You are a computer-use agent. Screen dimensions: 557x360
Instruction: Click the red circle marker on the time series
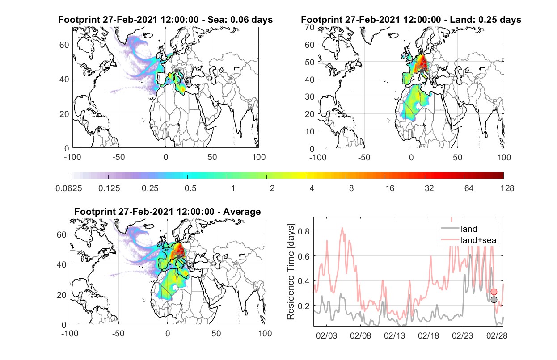click(494, 292)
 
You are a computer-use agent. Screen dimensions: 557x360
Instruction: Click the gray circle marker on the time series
click(494, 300)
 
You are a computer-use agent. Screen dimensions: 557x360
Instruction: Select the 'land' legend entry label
click(469, 229)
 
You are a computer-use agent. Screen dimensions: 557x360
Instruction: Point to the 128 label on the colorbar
click(507, 188)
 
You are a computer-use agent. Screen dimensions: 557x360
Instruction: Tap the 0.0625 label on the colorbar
click(69, 188)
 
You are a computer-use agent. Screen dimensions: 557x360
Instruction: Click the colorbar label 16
click(390, 188)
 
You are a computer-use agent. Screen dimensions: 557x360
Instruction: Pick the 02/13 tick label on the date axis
click(394, 335)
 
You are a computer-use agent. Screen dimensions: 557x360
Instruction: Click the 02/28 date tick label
click(497, 335)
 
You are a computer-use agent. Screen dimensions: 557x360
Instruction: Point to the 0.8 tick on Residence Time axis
click(304, 231)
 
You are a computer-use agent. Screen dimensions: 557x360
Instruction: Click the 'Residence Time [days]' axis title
click(291, 272)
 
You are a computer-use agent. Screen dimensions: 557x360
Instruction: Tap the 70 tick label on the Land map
click(310, 27)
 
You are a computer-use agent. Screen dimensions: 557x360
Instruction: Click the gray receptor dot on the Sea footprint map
click(176, 71)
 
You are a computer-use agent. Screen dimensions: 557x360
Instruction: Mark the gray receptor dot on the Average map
click(179, 257)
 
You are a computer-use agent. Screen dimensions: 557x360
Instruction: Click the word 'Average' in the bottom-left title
click(242, 212)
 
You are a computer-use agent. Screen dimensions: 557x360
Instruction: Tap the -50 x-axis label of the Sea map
click(118, 157)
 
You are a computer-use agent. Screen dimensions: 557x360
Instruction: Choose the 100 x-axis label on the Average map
click(265, 333)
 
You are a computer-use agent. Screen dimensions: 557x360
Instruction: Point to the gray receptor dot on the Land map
click(422, 71)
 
